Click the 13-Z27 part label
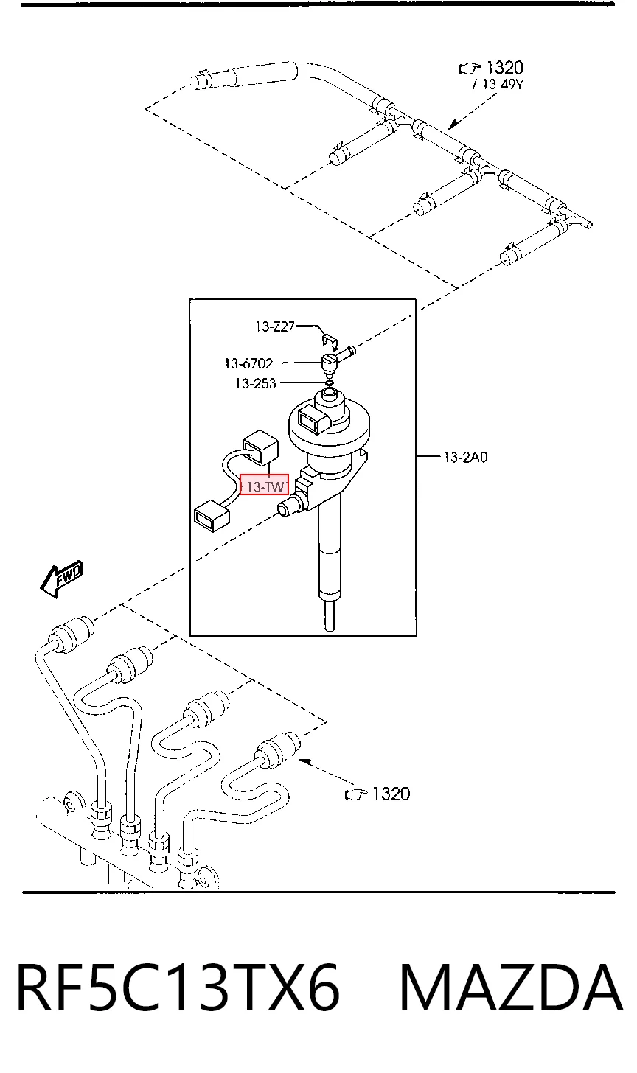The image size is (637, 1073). coord(275,326)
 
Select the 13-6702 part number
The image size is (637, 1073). coord(248,363)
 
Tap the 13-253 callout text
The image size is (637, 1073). coord(256,383)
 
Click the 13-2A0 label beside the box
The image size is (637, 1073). coord(466,458)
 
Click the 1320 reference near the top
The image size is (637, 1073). coord(505,68)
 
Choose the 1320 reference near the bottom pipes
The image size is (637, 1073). coord(391,794)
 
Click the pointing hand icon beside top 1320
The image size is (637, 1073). coord(469,69)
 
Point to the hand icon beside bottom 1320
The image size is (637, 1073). coord(356,794)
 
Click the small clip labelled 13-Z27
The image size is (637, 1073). coord(329,339)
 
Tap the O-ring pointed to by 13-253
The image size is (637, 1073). coord(330,383)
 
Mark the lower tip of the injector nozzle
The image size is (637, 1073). coord(329,630)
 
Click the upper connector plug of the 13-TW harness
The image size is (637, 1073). coord(261,447)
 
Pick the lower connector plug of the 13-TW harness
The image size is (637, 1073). coord(212,516)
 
